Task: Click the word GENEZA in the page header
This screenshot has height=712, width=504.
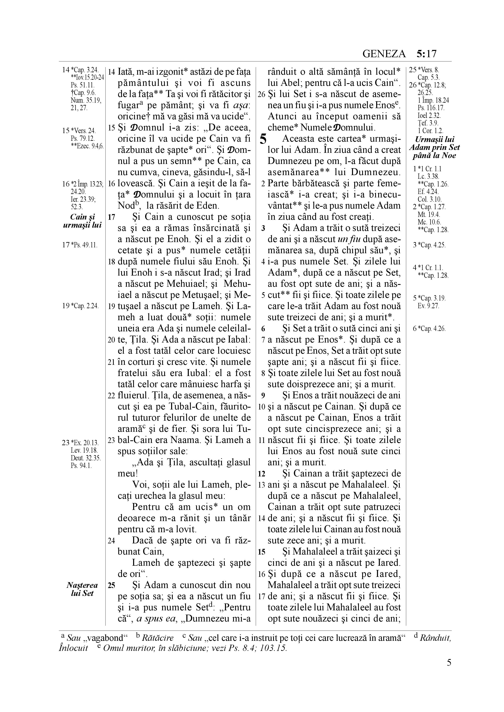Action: coord(384,54)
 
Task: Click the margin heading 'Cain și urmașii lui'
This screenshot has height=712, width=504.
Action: coord(82,221)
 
